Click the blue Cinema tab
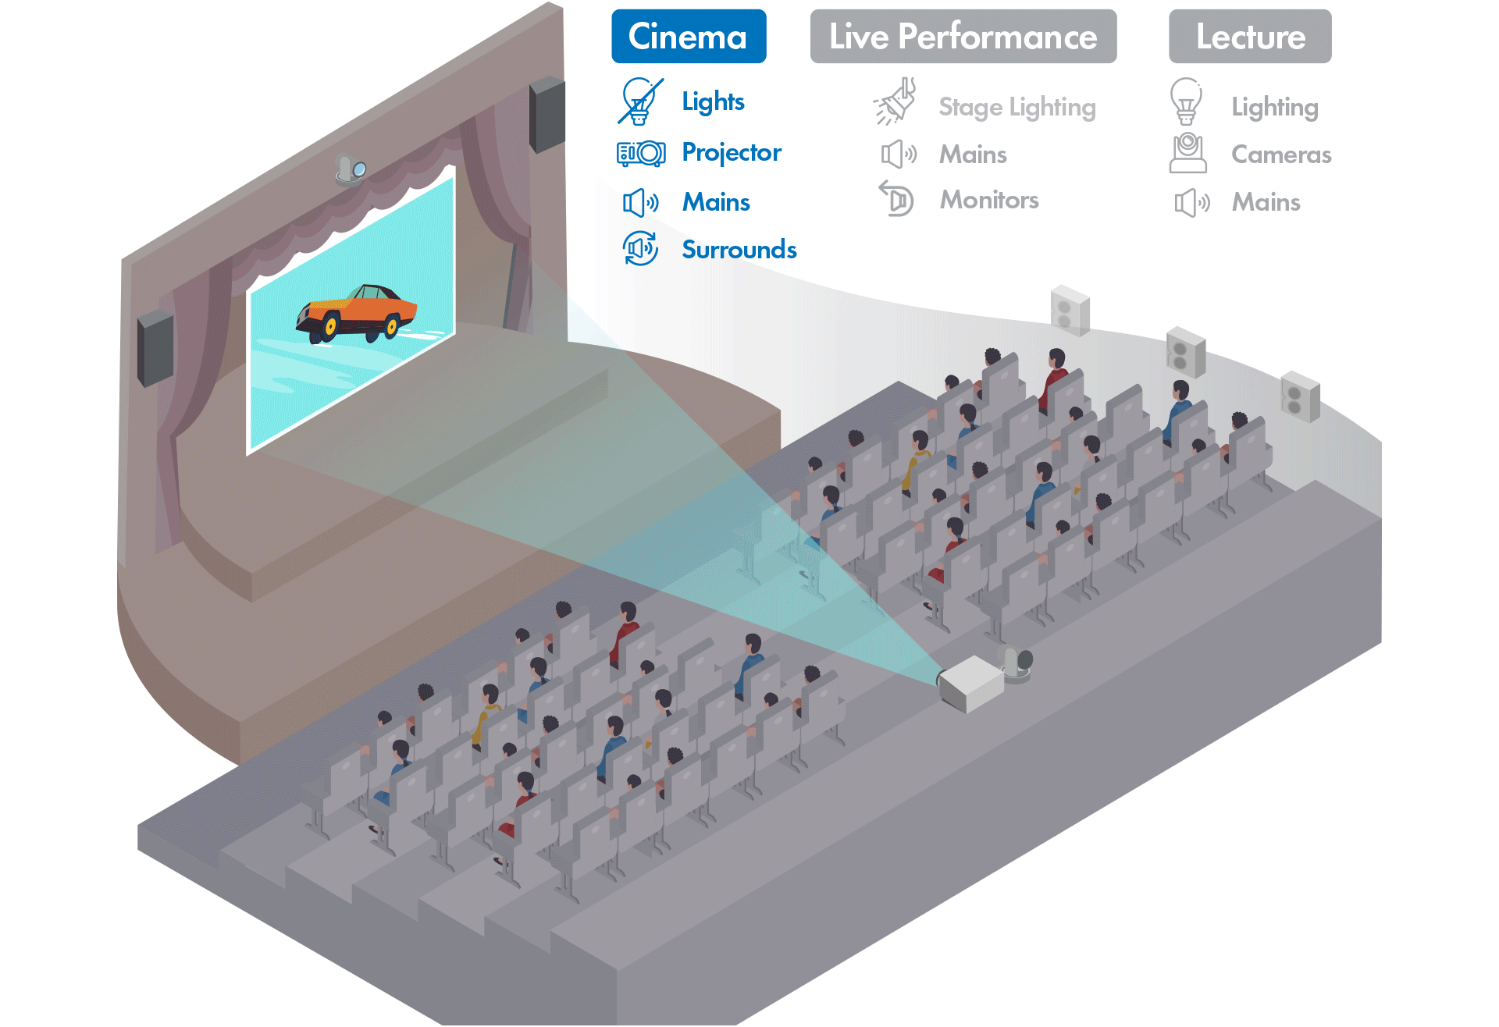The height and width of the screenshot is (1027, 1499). [688, 37]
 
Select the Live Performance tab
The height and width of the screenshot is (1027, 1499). [963, 37]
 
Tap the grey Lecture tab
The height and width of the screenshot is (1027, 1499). [1249, 37]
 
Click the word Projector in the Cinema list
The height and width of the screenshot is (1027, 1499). [731, 152]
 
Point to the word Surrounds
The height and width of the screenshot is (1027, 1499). [739, 250]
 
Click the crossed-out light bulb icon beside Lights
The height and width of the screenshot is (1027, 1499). [640, 101]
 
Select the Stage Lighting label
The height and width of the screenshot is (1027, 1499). [1017, 107]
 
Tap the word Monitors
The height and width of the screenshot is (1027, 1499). [988, 201]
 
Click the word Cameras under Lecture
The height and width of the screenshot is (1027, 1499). [1280, 155]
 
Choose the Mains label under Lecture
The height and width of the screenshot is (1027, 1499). [1266, 203]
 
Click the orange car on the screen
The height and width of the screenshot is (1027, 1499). [357, 314]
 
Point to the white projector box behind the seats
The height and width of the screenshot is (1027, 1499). [970, 683]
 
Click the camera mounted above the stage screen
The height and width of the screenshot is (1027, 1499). [351, 168]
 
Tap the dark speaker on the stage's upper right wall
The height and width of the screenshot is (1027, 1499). [547, 114]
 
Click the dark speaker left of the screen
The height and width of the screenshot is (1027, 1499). [155, 348]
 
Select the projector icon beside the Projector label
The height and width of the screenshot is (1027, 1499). [640, 153]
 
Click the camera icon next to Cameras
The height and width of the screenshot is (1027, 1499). [1187, 153]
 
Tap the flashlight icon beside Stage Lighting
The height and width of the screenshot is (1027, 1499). [895, 101]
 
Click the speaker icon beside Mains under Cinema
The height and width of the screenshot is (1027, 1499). [640, 203]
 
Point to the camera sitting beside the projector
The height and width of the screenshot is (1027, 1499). [1017, 664]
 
